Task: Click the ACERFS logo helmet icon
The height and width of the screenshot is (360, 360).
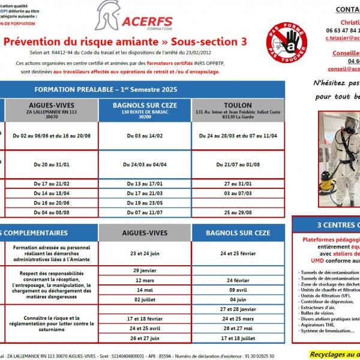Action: tap(109, 17)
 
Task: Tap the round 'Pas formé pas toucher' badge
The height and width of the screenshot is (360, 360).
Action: tap(287, 41)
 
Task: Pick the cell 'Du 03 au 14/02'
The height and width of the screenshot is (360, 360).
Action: tap(145, 136)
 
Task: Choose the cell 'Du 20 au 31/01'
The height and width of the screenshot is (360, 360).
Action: tap(52, 164)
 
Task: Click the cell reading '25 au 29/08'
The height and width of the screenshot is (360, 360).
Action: tap(238, 212)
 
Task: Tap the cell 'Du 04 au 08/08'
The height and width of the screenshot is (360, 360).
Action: tap(52, 212)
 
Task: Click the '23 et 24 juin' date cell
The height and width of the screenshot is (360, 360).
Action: tap(145, 253)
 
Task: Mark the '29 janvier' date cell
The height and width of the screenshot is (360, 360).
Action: tap(145, 271)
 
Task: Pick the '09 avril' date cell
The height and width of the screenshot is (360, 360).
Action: tap(238, 290)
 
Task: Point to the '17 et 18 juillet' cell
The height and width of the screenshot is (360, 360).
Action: tap(238, 338)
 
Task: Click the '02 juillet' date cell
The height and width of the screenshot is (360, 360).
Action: tap(145, 299)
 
